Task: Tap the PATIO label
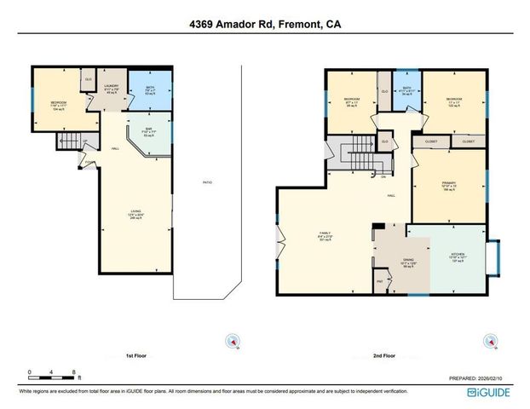coord(207,182)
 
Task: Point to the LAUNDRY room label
coord(111,88)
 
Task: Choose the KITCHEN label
coord(456,256)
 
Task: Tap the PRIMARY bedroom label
coord(449,185)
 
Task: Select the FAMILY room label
coord(324,234)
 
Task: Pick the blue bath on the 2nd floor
coord(406,90)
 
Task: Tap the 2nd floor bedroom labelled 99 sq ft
coord(350,102)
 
